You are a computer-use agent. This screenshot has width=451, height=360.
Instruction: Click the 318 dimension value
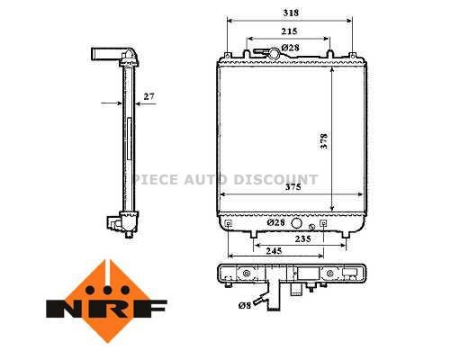pos(290,13)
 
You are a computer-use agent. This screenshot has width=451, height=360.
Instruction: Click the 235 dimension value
pos(303,239)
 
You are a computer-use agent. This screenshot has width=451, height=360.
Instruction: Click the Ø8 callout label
pos(245,307)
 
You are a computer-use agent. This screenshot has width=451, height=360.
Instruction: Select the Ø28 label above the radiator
pos(290,46)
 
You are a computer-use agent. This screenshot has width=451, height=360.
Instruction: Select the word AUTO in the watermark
pos(206,179)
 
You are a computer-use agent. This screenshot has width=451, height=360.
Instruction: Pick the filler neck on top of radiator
pos(290,55)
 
